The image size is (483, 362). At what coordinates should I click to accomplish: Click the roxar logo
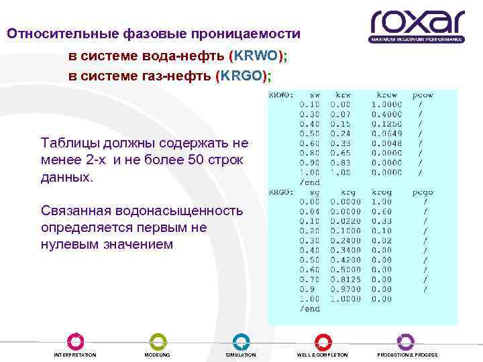[x=417, y=26]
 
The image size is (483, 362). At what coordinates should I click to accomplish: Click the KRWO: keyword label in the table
[x=282, y=95]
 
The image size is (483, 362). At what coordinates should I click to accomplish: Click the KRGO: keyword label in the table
[x=282, y=192]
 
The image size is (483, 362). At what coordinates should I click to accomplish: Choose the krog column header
[x=382, y=192]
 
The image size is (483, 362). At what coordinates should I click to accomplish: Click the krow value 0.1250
[x=386, y=124]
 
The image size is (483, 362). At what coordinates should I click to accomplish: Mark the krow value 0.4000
[x=386, y=115]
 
